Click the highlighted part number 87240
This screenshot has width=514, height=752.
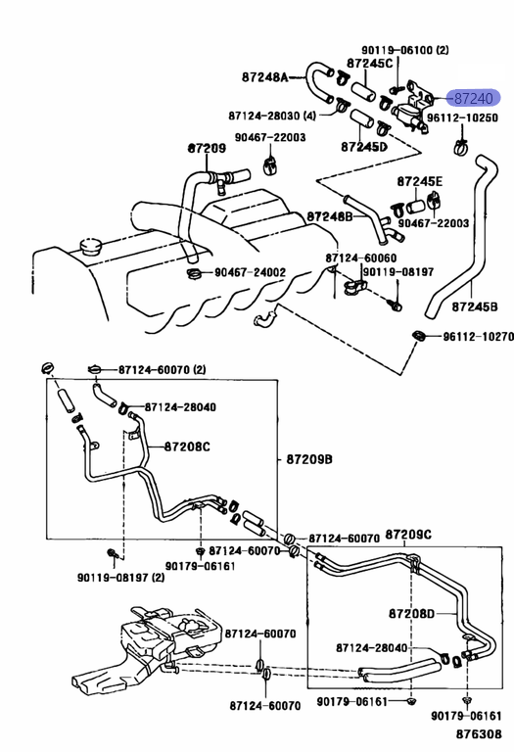(x=473, y=98)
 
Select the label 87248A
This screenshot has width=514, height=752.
(x=265, y=76)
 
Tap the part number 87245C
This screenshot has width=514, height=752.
(x=370, y=63)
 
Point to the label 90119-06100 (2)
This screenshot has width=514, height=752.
(x=405, y=49)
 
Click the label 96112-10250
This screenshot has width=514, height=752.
(x=462, y=117)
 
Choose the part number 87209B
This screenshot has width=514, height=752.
(x=309, y=459)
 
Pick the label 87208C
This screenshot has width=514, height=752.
(x=187, y=446)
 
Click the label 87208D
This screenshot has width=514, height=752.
(x=411, y=613)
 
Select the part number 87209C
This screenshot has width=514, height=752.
(x=408, y=534)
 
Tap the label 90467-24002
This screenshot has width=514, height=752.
(x=250, y=272)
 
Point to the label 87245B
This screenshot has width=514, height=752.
(x=475, y=305)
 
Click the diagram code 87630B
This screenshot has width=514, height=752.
(x=479, y=733)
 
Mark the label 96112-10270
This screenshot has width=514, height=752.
(x=478, y=337)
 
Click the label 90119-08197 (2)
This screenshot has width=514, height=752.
(x=120, y=577)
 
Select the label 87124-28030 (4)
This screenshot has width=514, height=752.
(x=272, y=116)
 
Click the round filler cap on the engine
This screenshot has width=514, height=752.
(x=89, y=246)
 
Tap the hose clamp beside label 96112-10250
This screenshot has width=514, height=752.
(x=461, y=148)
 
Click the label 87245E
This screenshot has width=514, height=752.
(x=420, y=181)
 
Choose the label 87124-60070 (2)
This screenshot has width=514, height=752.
(x=163, y=370)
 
